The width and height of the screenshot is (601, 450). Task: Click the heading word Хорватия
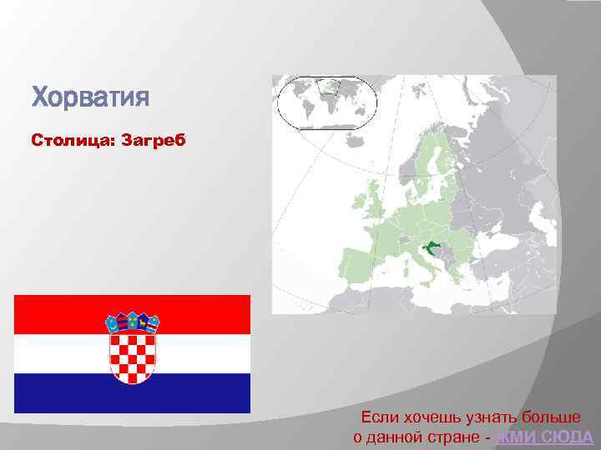pos(90,97)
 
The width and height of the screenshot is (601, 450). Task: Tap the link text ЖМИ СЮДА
pos(544,437)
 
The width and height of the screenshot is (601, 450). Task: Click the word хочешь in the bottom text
pos(427,417)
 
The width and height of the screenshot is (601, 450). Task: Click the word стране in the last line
pos(454,437)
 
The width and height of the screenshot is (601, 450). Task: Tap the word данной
pos(397,437)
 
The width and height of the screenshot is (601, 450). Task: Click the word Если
pos(377,417)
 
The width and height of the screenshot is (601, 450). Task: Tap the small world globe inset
pos(326,102)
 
